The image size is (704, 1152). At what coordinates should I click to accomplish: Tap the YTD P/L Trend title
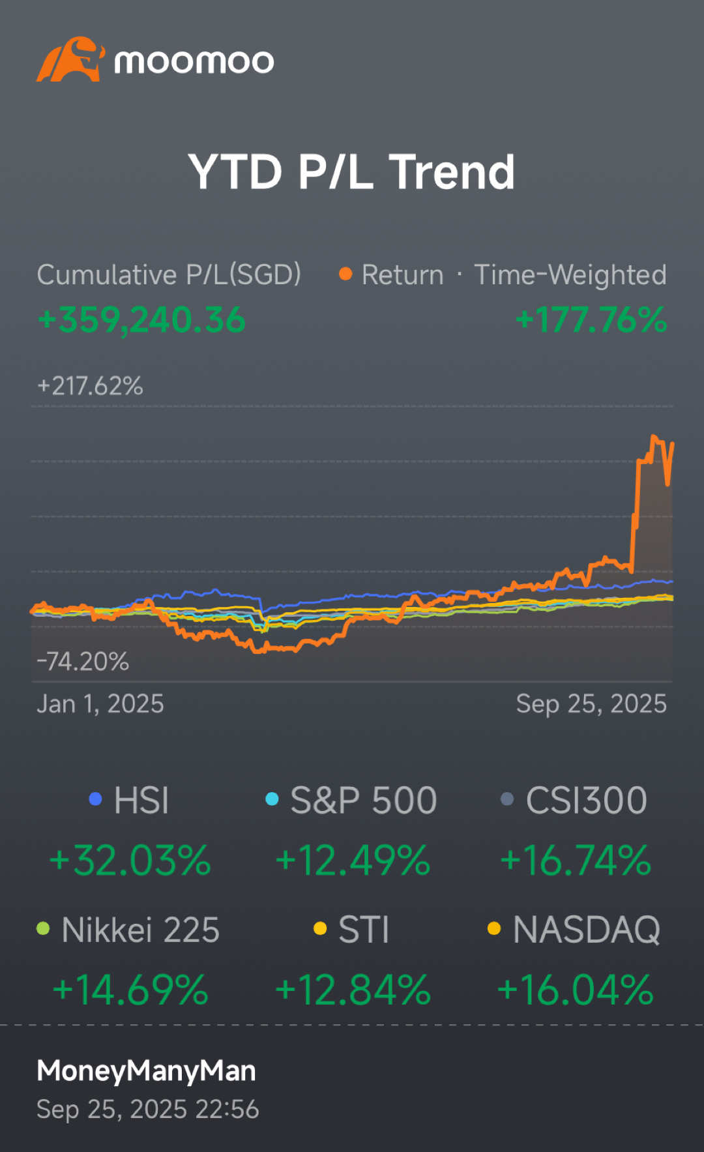pyautogui.click(x=352, y=172)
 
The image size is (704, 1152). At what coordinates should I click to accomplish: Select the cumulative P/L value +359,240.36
pyautogui.click(x=141, y=320)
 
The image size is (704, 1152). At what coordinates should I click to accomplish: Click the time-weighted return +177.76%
pyautogui.click(x=591, y=320)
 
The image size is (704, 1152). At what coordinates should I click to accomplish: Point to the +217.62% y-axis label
pyautogui.click(x=90, y=386)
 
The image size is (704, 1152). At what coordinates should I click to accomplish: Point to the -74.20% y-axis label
pyautogui.click(x=83, y=662)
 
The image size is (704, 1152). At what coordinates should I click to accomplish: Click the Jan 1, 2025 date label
pyautogui.click(x=100, y=704)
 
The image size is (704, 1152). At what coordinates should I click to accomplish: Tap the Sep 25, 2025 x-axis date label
pyautogui.click(x=591, y=704)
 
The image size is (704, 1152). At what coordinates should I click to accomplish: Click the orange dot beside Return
pyautogui.click(x=345, y=274)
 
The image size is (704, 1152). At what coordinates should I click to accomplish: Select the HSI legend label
pyautogui.click(x=141, y=800)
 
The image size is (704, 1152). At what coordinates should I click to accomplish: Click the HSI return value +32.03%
pyautogui.click(x=130, y=861)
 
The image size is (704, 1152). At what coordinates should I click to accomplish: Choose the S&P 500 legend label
pyautogui.click(x=363, y=800)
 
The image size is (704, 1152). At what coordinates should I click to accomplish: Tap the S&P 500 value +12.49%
pyautogui.click(x=353, y=861)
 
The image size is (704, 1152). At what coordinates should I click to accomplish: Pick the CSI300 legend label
pyautogui.click(x=586, y=800)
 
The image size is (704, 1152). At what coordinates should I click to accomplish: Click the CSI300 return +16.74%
pyautogui.click(x=576, y=861)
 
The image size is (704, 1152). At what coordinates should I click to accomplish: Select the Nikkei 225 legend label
pyautogui.click(x=140, y=930)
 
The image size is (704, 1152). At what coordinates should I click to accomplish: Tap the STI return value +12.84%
pyautogui.click(x=353, y=990)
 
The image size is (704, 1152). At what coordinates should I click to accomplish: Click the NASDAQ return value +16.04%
pyautogui.click(x=576, y=990)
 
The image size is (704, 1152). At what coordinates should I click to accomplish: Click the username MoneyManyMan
pyautogui.click(x=146, y=1071)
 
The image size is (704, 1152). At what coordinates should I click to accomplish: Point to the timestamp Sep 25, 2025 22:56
pyautogui.click(x=148, y=1109)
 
